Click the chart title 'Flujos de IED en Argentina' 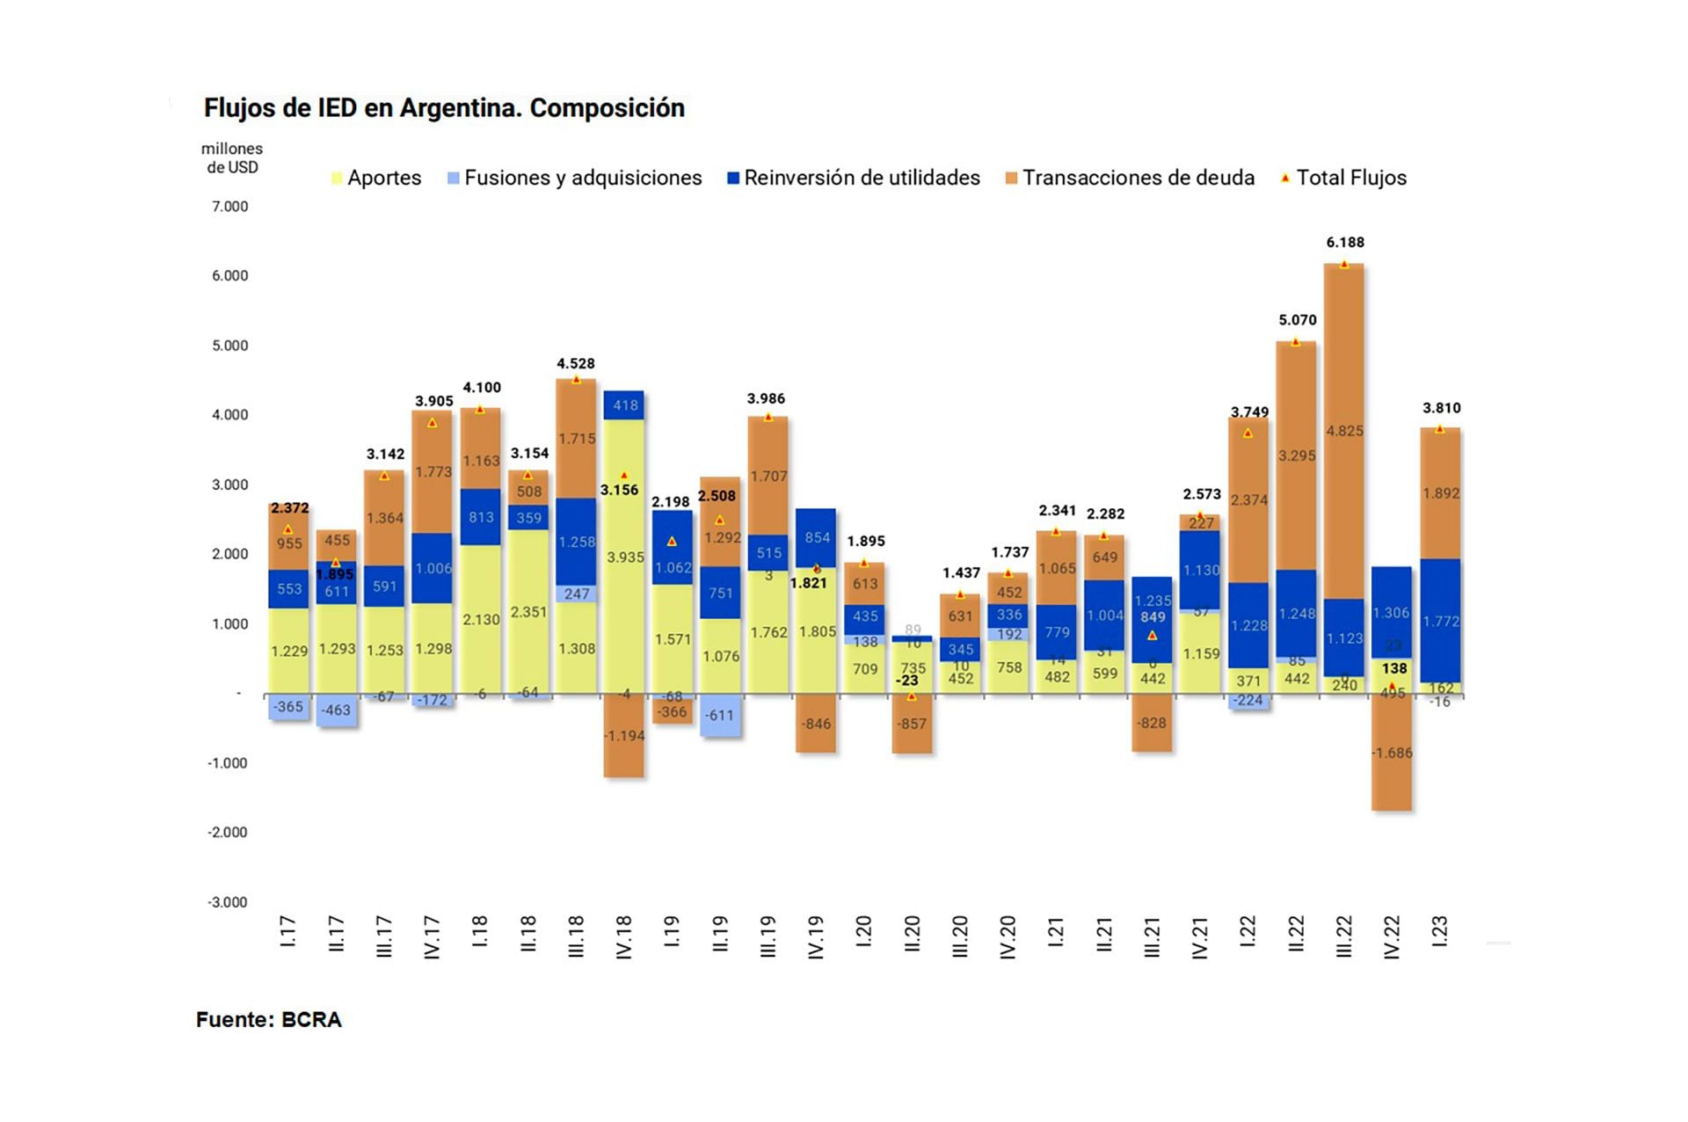[444, 108]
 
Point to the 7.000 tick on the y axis [229, 207]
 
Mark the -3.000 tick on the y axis [228, 902]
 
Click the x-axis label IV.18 [624, 937]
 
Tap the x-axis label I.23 [1439, 932]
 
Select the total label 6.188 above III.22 [1345, 243]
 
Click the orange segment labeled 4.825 [1344, 431]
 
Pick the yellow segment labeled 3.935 [624, 556]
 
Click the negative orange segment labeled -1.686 [1392, 753]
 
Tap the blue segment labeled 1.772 [1440, 621]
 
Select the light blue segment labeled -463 [336, 710]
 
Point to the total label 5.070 [1298, 320]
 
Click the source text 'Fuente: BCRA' [268, 1020]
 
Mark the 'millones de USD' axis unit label [232, 158]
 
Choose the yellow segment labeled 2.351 [528, 612]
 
